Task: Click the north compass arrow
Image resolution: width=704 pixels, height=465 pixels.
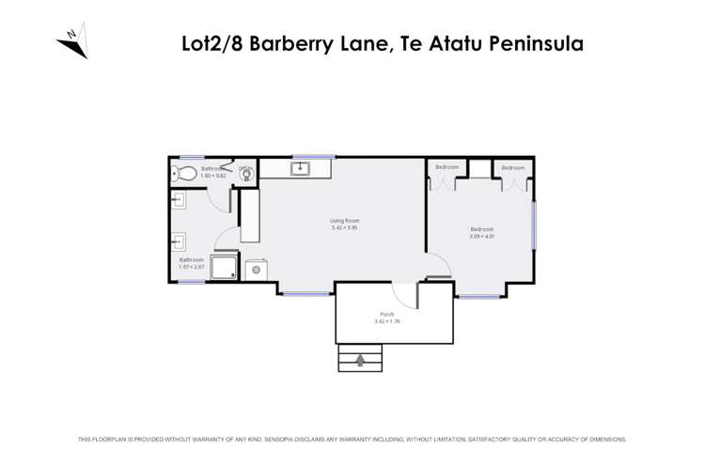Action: [73, 42]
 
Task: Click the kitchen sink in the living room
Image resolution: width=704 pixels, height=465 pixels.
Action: [300, 169]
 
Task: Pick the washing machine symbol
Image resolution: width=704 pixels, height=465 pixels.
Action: [257, 270]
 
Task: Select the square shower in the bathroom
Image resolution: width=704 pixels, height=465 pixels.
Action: [224, 267]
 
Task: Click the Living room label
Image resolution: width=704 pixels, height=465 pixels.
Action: [345, 221]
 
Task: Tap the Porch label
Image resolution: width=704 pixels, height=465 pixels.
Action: [386, 314]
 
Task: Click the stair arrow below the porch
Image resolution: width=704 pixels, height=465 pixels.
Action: [359, 358]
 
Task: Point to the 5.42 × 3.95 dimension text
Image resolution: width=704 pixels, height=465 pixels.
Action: [345, 227]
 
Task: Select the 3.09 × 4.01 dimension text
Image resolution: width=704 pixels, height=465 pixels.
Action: [481, 236]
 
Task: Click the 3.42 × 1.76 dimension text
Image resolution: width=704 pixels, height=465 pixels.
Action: [386, 321]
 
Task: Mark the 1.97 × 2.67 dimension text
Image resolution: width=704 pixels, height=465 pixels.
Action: [192, 266]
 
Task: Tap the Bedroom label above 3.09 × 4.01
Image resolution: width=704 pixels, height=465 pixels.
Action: [481, 229]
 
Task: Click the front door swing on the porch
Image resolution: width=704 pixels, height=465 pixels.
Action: [404, 295]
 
